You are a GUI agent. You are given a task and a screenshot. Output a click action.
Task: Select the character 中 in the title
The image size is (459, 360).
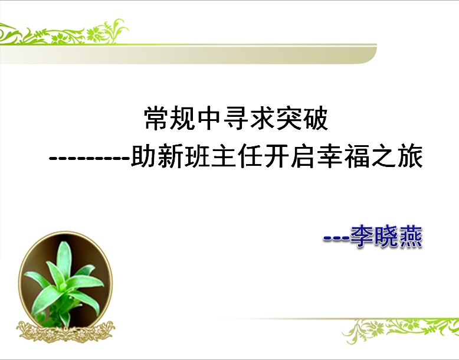point(209,118)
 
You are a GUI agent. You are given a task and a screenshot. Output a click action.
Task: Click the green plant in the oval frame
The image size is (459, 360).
point(63,283)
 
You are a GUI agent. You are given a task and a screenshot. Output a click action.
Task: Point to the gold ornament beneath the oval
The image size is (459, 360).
point(65,332)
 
